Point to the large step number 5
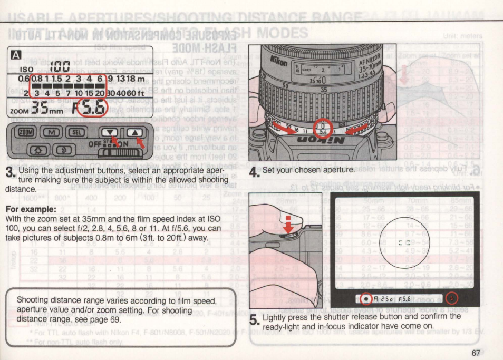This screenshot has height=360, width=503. tap(254, 320)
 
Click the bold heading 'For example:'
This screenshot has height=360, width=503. tap(28, 209)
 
